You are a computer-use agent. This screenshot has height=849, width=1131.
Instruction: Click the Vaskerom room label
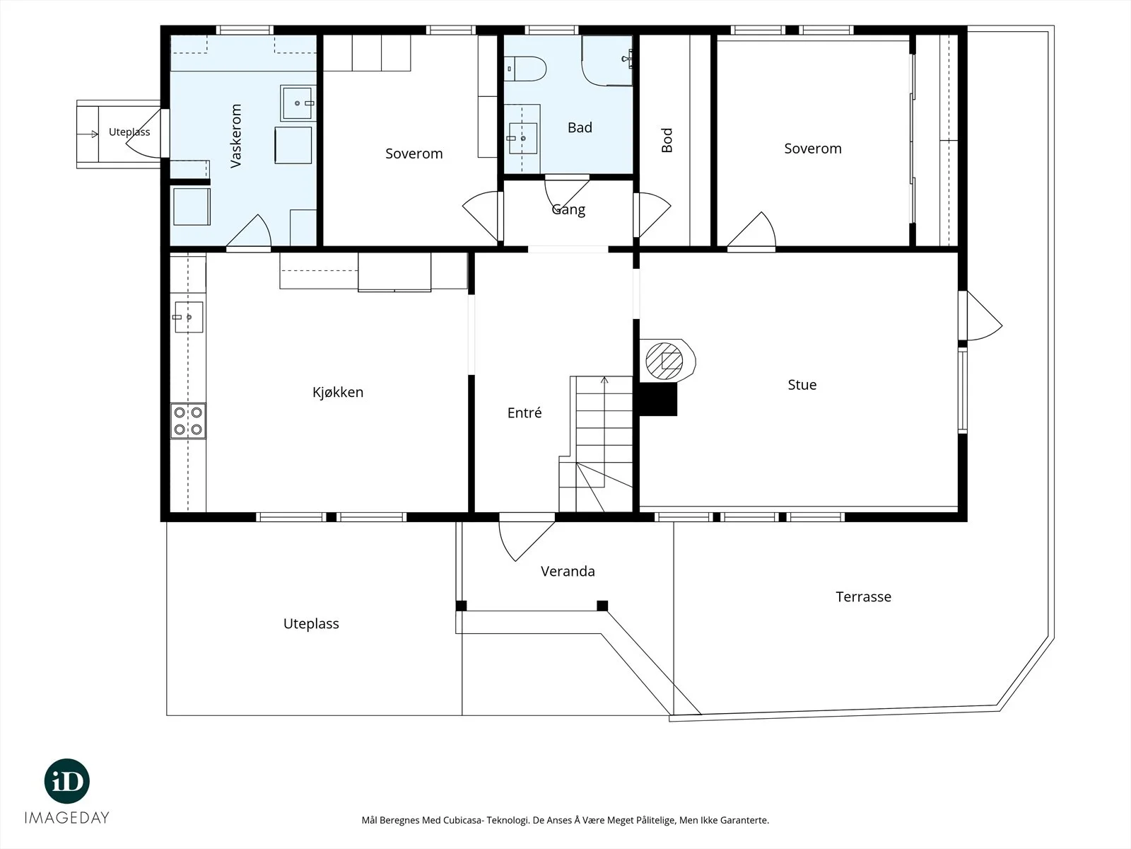point(235,136)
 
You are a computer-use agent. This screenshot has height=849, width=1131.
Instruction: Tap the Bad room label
point(580,127)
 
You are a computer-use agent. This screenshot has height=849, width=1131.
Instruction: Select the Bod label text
point(667,140)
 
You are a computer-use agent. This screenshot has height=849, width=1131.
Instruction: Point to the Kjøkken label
point(337,392)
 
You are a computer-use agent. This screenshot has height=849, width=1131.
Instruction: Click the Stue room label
point(802,385)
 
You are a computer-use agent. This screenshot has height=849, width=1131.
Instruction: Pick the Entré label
point(525,412)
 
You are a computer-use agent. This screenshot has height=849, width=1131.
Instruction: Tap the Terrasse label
point(863,596)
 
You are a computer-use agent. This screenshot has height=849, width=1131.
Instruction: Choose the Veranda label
point(568,571)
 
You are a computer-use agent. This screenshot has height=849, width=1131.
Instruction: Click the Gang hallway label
point(568,210)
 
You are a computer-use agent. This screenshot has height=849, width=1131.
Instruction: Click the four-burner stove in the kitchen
point(188,421)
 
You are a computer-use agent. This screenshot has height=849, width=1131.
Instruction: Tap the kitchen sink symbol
point(189,317)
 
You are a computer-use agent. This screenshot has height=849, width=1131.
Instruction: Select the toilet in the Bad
point(525,69)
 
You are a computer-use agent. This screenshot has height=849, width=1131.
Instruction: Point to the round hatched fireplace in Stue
point(664,361)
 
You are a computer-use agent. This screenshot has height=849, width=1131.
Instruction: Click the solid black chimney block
point(658,399)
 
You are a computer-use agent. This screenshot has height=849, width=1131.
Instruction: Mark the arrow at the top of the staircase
point(604,381)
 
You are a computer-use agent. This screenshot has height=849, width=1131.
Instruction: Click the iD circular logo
point(67,781)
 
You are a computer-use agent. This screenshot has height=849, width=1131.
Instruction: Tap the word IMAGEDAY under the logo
point(67,818)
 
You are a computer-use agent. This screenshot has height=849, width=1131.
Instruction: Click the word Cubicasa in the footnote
point(464,820)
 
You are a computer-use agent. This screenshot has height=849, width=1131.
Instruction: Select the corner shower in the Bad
point(607,60)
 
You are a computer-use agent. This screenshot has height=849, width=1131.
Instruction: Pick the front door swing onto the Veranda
point(526,541)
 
